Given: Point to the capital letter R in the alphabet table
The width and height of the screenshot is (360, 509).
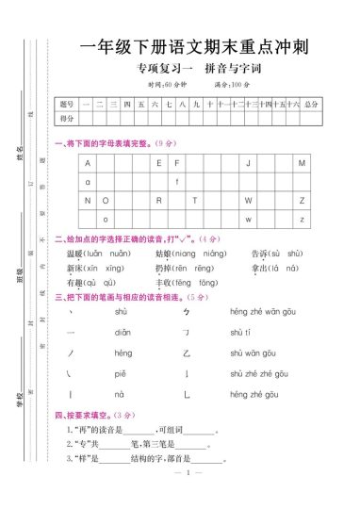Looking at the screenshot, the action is click(x=158, y=201).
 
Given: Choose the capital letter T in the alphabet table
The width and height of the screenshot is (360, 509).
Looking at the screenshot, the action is click(x=194, y=201).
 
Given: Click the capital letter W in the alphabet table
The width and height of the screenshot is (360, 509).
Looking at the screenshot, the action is click(x=248, y=201).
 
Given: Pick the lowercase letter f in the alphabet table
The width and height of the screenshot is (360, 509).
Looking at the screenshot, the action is click(x=176, y=181).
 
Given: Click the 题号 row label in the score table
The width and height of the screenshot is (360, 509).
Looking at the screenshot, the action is click(x=66, y=104).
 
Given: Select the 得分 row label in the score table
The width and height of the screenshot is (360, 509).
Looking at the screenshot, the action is click(x=66, y=119).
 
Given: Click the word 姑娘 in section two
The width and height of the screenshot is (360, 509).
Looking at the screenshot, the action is click(x=163, y=254).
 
